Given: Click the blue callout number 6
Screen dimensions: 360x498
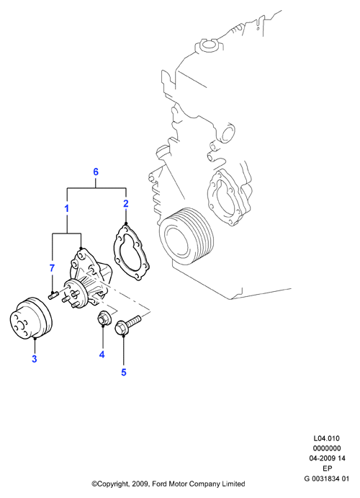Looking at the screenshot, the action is pyautogui.click(x=96, y=172).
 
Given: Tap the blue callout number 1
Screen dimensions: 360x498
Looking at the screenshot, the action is pyautogui.click(x=67, y=209).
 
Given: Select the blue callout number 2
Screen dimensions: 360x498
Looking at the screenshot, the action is pyautogui.click(x=126, y=203).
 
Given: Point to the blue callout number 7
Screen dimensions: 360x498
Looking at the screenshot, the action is pyautogui.click(x=52, y=268).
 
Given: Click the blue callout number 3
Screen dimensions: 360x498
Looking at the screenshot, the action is pyautogui.click(x=35, y=359).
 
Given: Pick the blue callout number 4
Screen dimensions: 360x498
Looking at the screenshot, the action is pyautogui.click(x=102, y=354).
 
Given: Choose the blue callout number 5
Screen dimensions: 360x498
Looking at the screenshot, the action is pyautogui.click(x=124, y=372).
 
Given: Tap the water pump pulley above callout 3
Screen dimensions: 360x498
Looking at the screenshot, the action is pyautogui.click(x=31, y=319).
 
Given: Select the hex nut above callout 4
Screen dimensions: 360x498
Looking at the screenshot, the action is pyautogui.click(x=103, y=319).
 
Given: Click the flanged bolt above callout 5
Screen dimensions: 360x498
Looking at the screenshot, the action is pyautogui.click(x=128, y=324).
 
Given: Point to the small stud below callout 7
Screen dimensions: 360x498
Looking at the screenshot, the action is pyautogui.click(x=53, y=296).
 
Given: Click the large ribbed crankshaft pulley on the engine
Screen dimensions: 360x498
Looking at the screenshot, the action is pyautogui.click(x=186, y=235).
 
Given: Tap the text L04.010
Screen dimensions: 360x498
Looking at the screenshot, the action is pyautogui.click(x=326, y=438).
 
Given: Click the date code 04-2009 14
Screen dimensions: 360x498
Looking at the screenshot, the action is pyautogui.click(x=328, y=458).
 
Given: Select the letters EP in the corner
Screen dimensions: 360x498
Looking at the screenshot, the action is pyautogui.click(x=328, y=468).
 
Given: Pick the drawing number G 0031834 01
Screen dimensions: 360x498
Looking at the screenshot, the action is pyautogui.click(x=327, y=479).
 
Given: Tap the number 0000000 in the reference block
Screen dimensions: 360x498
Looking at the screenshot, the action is pyautogui.click(x=327, y=448).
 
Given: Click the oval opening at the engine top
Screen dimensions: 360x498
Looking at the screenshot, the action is pyautogui.click(x=209, y=45).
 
